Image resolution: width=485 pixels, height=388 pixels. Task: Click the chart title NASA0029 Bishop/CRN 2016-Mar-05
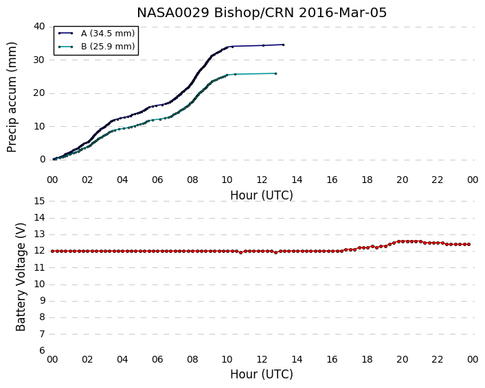point(262,12)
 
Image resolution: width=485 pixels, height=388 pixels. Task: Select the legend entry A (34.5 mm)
point(108,34)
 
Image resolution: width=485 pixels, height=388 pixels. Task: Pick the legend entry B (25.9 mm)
point(108,47)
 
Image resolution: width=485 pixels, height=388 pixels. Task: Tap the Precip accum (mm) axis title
point(12,97)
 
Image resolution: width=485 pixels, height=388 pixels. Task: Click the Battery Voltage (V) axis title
point(21,277)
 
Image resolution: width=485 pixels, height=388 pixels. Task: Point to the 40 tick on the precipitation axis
point(39,27)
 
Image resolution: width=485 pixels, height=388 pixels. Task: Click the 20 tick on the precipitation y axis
point(39,93)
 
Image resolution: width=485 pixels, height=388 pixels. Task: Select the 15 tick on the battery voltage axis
point(39,202)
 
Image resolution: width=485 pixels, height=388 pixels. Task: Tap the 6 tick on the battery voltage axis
point(42,351)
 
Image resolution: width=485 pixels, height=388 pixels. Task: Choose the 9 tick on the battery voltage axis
point(42,301)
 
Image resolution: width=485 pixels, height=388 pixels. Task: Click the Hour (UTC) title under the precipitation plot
point(261,195)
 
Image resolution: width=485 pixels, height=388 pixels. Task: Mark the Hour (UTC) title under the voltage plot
point(261,374)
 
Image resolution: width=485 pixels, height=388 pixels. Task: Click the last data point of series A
point(283,45)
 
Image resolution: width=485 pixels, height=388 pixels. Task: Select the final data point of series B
point(275,73)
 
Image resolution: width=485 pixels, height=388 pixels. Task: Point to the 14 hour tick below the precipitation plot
point(297,180)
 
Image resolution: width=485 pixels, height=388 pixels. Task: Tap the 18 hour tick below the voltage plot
point(367,360)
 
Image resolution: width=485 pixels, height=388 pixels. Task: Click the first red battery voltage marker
point(53,252)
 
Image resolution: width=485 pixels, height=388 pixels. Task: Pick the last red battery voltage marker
point(469,245)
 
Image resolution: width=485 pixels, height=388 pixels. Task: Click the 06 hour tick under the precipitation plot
point(157,180)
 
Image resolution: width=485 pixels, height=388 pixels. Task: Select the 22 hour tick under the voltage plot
point(438,360)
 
